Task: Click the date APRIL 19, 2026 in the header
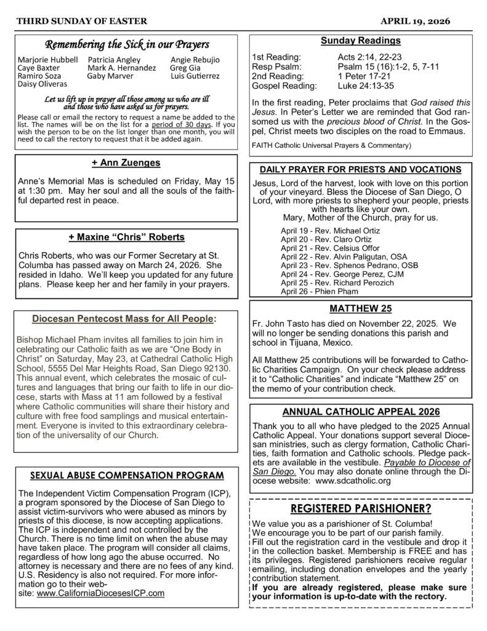pyautogui.click(x=415, y=21)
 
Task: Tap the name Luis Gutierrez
pyautogui.click(x=195, y=76)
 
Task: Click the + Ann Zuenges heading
pyautogui.click(x=126, y=163)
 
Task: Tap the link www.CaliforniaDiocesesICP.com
pyautogui.click(x=100, y=593)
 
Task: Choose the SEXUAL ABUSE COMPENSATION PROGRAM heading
pyautogui.click(x=126, y=475)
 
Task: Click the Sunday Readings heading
pyautogui.click(x=360, y=41)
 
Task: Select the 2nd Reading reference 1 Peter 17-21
pyautogui.click(x=355, y=76)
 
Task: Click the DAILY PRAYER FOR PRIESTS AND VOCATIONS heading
pyautogui.click(x=360, y=169)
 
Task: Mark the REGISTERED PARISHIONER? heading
pyautogui.click(x=360, y=508)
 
